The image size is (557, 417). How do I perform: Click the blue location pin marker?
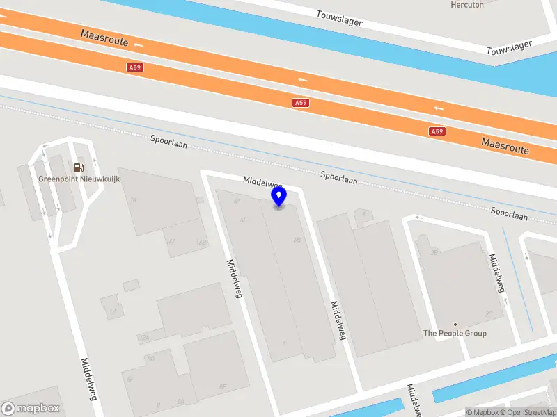[x=279, y=197]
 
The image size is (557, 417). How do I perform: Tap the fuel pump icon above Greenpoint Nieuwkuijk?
[x=78, y=167]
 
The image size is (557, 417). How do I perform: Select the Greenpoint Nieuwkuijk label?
[x=79, y=179]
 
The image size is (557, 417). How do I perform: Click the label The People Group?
[x=455, y=334]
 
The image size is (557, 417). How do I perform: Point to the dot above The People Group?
[x=455, y=325]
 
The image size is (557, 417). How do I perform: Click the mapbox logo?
[x=31, y=409]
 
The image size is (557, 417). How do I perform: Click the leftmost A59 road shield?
[x=135, y=67]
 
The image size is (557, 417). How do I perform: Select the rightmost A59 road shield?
[x=437, y=131]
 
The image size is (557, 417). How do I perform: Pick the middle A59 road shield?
[x=300, y=102]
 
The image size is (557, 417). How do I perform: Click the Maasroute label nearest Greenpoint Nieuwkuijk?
[x=104, y=37]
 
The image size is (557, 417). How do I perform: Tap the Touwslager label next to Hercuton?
[x=339, y=18]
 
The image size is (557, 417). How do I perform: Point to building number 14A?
[x=171, y=243]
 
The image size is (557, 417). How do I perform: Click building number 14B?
[x=201, y=243]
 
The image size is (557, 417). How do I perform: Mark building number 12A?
[x=144, y=338]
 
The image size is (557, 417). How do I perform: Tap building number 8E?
[x=223, y=386]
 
